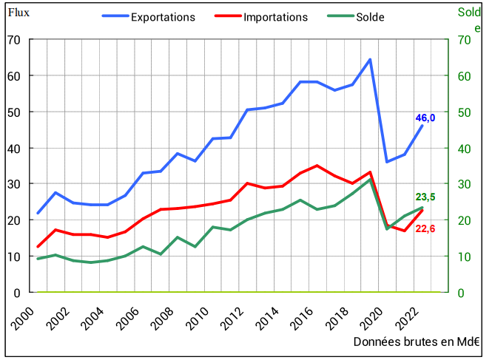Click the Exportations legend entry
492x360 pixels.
click(163, 16)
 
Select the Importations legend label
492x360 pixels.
click(275, 16)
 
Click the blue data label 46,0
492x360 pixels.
click(425, 118)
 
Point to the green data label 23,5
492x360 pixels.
click(425, 197)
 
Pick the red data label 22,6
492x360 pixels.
click(425, 228)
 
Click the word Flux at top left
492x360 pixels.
click(18, 13)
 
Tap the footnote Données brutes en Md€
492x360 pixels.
click(416, 342)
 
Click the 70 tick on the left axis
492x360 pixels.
click(14, 39)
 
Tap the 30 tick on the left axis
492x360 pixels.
click(14, 184)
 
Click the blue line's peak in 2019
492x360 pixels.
click(370, 60)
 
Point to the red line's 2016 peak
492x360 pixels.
click(317, 166)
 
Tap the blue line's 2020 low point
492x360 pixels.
click(387, 162)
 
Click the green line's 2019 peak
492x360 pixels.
click(370, 180)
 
